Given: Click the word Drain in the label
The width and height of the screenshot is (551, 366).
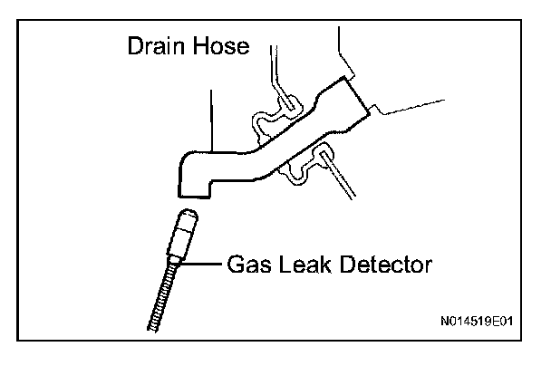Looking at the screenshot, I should (x=155, y=46).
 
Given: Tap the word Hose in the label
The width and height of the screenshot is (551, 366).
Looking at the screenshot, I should (x=217, y=46).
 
